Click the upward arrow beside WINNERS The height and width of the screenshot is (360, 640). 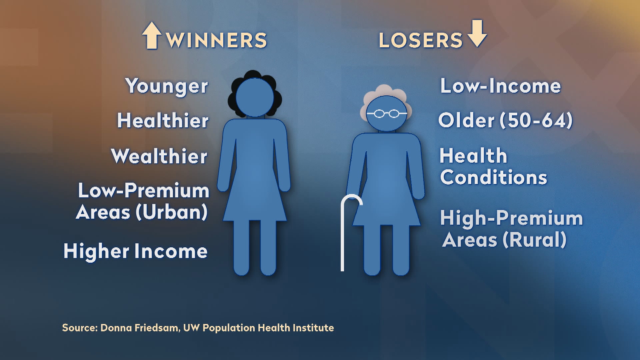tap(152, 35)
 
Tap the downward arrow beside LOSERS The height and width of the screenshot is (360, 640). tap(477, 33)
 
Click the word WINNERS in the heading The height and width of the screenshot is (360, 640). tap(217, 40)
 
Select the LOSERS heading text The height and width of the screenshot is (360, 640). tap(421, 40)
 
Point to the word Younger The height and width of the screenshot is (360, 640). tap(167, 87)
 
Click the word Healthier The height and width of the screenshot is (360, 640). tap(163, 120)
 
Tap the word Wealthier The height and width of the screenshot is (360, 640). tap(159, 156)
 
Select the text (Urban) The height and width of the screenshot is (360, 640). tap(172, 212)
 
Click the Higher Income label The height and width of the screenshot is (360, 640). tap(136, 251)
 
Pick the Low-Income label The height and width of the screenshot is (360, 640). tap(501, 86)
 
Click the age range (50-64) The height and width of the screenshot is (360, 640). tap(536, 120)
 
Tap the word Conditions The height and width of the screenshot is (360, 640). tap(494, 177)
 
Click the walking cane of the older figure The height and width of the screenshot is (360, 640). tap(342, 233)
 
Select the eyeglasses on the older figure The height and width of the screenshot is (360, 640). tap(387, 114)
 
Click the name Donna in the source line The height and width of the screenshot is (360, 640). tap(116, 328)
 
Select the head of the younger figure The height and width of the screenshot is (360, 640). tap(255, 98)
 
